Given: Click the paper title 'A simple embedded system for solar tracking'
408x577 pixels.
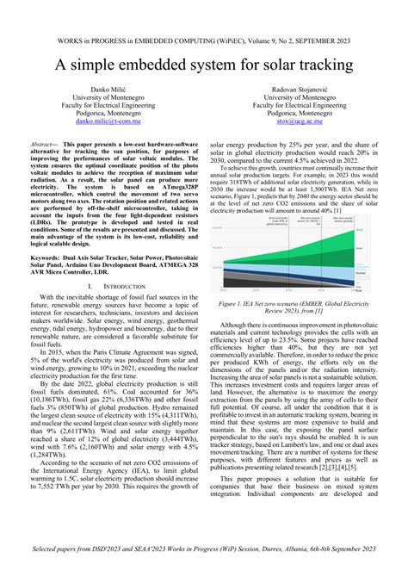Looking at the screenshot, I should tap(203, 65).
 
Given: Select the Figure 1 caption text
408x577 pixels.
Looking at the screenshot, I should tap(301, 308).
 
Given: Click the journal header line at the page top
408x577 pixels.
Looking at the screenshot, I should tap(203, 40).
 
